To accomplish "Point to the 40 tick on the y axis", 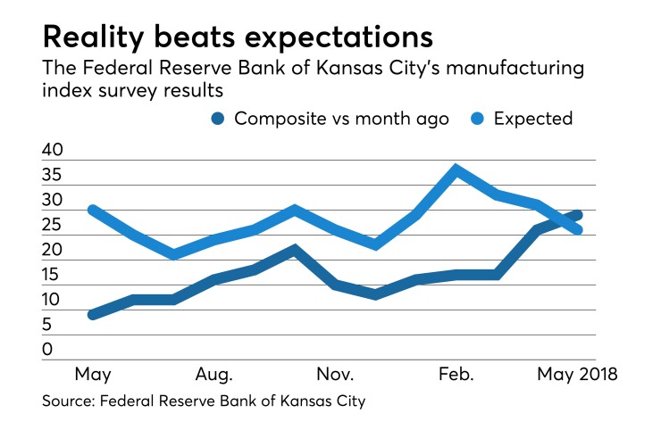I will (x=52, y=151).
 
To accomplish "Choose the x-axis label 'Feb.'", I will (x=457, y=372).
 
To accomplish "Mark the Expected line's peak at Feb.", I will (x=456, y=170).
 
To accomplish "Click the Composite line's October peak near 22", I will (x=295, y=250).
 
